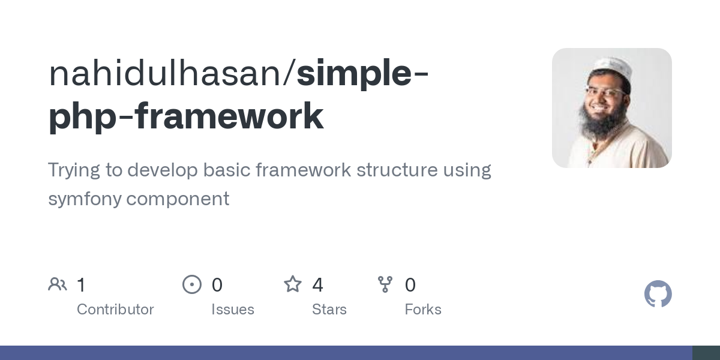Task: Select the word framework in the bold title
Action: pyautogui.click(x=229, y=116)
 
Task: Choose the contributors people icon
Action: pyautogui.click(x=58, y=284)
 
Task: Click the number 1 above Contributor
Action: pyautogui.click(x=81, y=285)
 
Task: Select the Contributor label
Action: pyautogui.click(x=115, y=310)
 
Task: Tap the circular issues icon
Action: pyautogui.click(x=192, y=284)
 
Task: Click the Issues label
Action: pyautogui.click(x=233, y=310)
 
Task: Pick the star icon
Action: pyautogui.click(x=293, y=284)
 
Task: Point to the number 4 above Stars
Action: pyautogui.click(x=317, y=285)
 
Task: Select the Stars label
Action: pyautogui.click(x=329, y=310)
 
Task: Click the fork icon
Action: pyautogui.click(x=385, y=284)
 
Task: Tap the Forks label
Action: pyautogui.click(x=423, y=310)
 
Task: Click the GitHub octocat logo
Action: pyautogui.click(x=658, y=294)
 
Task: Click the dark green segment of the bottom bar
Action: pyautogui.click(x=706, y=353)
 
